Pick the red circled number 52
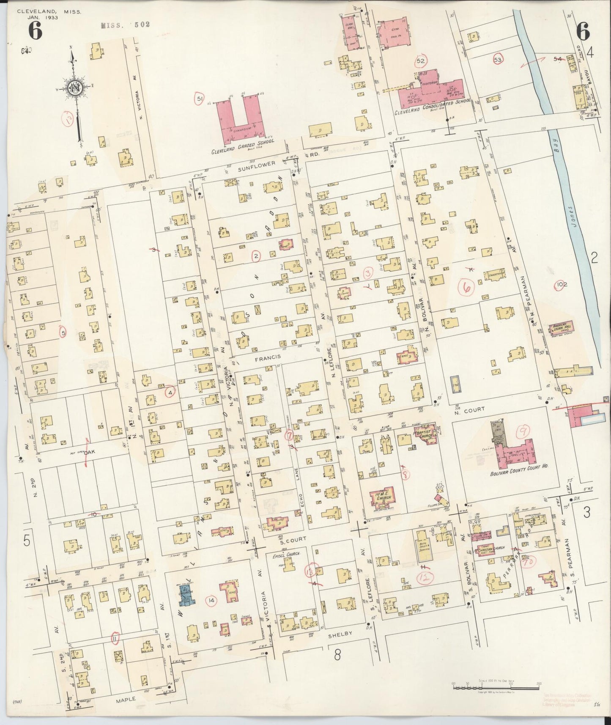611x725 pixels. click(421, 61)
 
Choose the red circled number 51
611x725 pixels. click(199, 99)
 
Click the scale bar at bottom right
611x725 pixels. click(496, 687)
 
